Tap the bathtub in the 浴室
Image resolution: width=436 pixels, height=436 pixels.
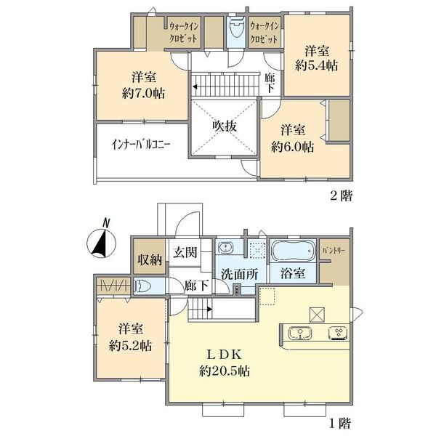click(x=293, y=251)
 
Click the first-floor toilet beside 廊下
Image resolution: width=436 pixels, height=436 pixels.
click(x=142, y=286)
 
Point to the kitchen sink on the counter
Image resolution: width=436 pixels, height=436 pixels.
click(x=300, y=333)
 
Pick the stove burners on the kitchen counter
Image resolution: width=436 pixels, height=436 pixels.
click(x=338, y=333)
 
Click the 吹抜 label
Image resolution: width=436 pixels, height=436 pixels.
click(x=225, y=126)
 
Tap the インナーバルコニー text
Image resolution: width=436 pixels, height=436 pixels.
click(x=140, y=145)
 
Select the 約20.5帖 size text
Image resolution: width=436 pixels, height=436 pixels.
click(x=225, y=371)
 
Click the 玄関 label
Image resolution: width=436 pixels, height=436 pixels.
click(x=185, y=252)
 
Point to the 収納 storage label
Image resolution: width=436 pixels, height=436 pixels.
click(x=150, y=260)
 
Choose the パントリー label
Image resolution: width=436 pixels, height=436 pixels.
click(x=334, y=251)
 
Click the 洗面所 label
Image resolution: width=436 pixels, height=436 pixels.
click(x=240, y=275)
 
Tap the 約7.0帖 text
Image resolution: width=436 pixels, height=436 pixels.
click(x=143, y=94)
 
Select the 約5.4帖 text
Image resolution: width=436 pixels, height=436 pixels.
click(x=317, y=65)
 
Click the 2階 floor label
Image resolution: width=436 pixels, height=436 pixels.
click(x=342, y=196)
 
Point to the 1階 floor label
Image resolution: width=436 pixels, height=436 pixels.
click(x=340, y=423)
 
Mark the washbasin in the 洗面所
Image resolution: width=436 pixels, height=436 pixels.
click(x=226, y=248)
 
